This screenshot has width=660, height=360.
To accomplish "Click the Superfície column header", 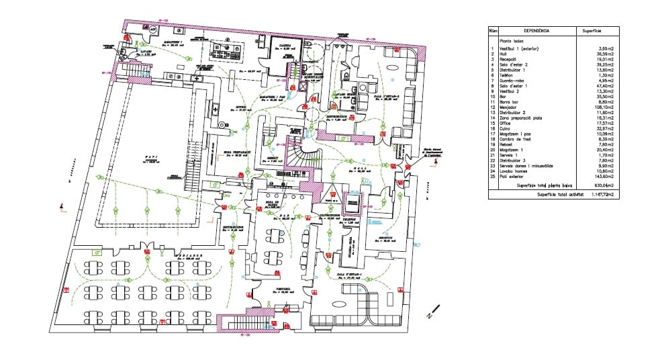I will [591, 31].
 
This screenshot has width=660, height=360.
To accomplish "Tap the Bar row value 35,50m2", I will [605, 96].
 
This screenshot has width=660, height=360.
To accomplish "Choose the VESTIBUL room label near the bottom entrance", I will [284, 290].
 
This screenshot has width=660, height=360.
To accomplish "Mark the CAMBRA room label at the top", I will [284, 46].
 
